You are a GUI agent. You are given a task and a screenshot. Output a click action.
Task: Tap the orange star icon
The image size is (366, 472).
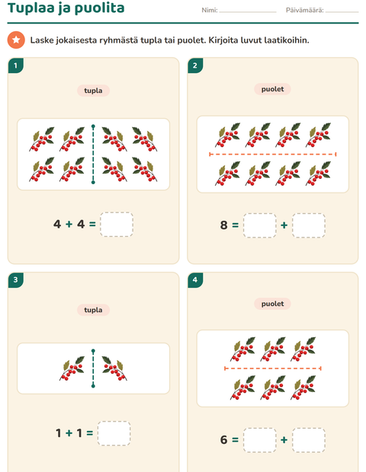pyautogui.click(x=16, y=40)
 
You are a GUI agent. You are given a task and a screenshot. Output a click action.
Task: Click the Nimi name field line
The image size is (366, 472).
pyautogui.click(x=248, y=12)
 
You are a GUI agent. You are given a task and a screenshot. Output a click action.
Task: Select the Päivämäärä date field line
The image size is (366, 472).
pyautogui.click(x=342, y=12)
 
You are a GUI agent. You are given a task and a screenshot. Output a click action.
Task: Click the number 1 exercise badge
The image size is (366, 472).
pyautogui.click(x=16, y=65)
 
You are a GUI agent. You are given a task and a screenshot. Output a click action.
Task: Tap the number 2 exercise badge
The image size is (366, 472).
pyautogui.click(x=195, y=65)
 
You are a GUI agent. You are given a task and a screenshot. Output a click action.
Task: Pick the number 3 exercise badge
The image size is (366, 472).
pyautogui.click(x=16, y=280)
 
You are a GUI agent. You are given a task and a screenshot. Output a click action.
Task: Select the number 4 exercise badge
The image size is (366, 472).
pyautogui.click(x=195, y=280)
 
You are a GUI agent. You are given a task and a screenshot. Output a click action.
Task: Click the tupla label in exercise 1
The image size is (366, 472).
pyautogui.click(x=93, y=91)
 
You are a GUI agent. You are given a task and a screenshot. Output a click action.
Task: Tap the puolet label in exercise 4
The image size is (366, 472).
pyautogui.click(x=272, y=304)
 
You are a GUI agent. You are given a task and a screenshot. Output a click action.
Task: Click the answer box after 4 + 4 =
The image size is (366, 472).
pyautogui.click(x=117, y=225)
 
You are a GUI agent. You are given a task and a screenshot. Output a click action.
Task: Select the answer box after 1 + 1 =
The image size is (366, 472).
pyautogui.click(x=114, y=433)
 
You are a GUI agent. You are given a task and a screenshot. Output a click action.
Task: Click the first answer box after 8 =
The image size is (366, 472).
pyautogui.click(x=259, y=225)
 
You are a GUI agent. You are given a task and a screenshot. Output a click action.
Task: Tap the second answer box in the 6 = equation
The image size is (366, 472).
pyautogui.click(x=309, y=440)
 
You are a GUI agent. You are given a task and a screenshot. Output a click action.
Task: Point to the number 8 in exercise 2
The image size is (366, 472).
pyautogui.click(x=223, y=225)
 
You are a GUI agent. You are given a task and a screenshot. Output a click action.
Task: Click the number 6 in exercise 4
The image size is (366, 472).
pyautogui.click(x=223, y=440)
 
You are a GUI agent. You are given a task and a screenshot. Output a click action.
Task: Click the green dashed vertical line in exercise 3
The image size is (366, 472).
pyautogui.click(x=93, y=368)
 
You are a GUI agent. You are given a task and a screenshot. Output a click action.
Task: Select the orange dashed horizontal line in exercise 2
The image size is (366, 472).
pyautogui.click(x=272, y=155)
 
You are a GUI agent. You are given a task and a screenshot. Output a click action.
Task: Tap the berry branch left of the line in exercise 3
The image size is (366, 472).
pyautogui.click(x=72, y=368)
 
